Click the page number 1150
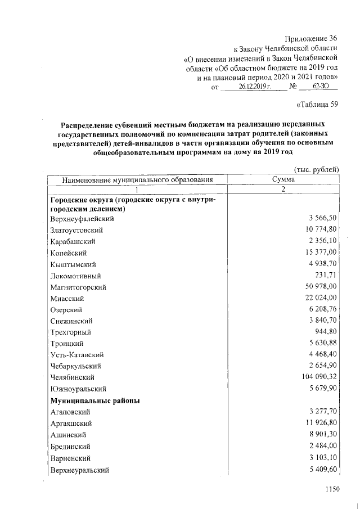[333, 490]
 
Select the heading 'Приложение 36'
[311, 38]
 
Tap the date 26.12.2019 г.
[254, 87]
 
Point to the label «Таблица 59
[316, 104]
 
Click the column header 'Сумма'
[283, 179]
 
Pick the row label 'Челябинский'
[71, 377]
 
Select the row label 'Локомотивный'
[75, 276]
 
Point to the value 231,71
[325, 276]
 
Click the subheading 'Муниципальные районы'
[95, 401]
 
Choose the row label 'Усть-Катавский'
[76, 355]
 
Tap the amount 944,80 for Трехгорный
[324, 332]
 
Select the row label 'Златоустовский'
[76, 230]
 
